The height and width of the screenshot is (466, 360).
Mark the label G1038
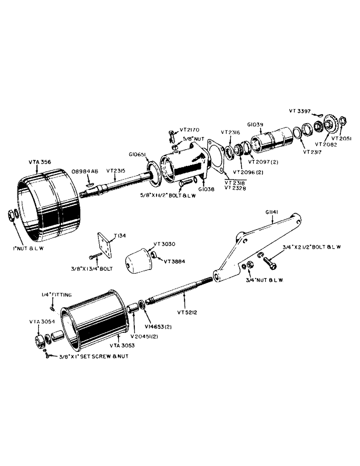(206, 190)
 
